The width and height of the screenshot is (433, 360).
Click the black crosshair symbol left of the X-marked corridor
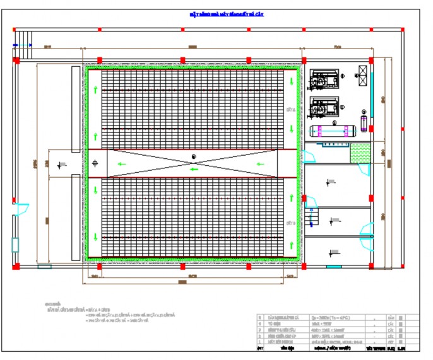(95, 163)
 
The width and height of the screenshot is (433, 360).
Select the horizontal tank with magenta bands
(334, 131)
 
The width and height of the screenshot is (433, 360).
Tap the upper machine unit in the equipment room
(324, 80)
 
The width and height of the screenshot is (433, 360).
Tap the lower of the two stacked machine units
(324, 107)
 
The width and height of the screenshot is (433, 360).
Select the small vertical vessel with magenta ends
(364, 120)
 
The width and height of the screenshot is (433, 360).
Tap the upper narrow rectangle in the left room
(75, 105)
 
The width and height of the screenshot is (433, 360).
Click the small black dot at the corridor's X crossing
(194, 156)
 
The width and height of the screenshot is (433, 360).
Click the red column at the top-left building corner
(15, 60)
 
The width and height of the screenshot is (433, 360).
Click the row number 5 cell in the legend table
(261, 318)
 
